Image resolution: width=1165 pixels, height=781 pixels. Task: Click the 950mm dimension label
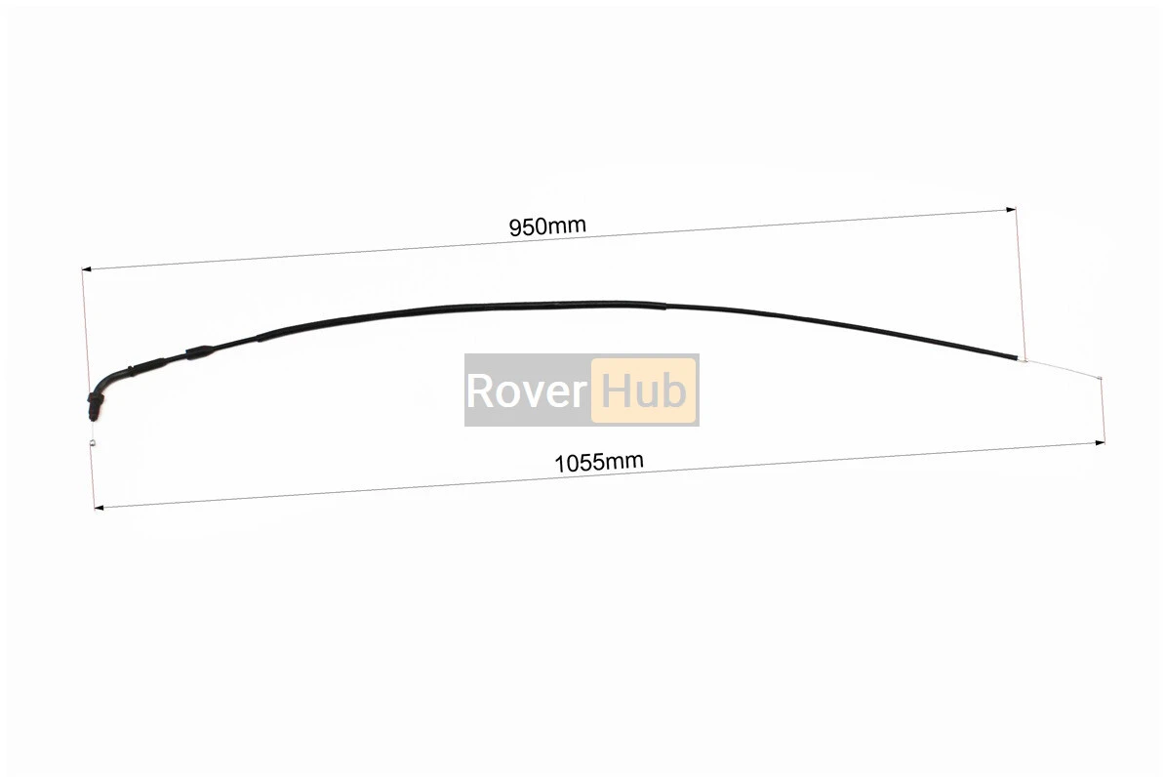546,226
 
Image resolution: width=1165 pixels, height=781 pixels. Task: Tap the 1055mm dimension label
598,461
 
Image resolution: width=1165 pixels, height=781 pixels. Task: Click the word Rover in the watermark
526,390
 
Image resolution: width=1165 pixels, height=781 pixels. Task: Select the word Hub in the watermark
644,390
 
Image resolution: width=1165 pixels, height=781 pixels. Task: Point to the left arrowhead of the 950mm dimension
86,267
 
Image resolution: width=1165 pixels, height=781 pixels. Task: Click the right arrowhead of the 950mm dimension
1011,209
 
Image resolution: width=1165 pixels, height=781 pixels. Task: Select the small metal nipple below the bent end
92,443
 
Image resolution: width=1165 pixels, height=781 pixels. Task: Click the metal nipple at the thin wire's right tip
1100,380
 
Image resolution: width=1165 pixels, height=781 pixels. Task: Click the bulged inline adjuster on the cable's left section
198,351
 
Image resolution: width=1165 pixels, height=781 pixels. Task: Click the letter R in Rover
479,390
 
